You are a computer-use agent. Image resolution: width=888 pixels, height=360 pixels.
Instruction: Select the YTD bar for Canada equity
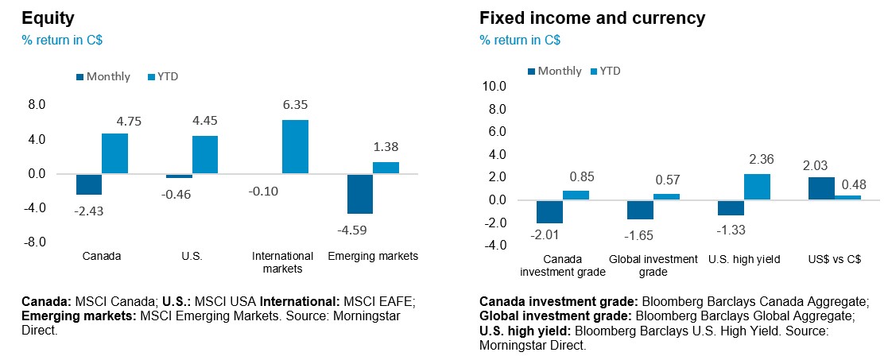click(114, 153)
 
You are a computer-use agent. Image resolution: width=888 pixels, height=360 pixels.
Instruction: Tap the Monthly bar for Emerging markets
click(359, 194)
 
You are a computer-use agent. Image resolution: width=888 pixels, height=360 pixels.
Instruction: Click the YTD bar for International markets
click(295, 147)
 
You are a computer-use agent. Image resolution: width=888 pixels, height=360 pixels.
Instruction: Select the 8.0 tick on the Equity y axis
click(37, 105)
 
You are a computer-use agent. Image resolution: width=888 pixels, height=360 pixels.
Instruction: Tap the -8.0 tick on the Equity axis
click(35, 242)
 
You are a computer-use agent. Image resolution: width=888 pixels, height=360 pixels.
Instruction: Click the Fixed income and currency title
click(592, 17)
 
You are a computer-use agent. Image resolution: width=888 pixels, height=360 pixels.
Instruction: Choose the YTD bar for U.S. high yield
click(757, 187)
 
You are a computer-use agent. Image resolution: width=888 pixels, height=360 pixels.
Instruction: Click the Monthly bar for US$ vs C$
click(821, 188)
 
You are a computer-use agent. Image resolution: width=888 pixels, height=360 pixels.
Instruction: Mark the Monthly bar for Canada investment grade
click(549, 211)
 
